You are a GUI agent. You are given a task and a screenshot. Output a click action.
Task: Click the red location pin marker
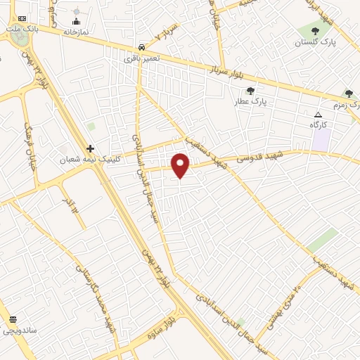coord(181,166)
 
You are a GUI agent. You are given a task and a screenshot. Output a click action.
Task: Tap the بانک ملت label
coord(21,30)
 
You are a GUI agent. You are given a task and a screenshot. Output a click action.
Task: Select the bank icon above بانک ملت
coord(22,18)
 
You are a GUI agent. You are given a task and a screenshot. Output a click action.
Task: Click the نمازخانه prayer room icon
coord(76,21)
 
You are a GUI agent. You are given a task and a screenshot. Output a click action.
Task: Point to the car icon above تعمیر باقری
coord(142,46)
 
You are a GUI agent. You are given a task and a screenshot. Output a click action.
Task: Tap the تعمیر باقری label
coord(142,58)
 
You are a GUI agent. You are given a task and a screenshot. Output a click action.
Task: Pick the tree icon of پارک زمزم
coord(349,93)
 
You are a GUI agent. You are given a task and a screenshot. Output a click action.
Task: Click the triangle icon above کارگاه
coord(318,114)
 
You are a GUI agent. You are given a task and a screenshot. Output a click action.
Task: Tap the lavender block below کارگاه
coord(321,139)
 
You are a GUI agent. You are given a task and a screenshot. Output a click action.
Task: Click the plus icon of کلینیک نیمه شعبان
coord(89,148)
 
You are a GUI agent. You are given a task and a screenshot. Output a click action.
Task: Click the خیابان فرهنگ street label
coord(29,141)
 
